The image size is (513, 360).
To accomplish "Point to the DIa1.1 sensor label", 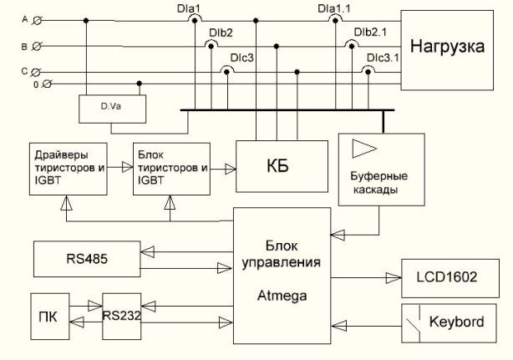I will tap(337, 8).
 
